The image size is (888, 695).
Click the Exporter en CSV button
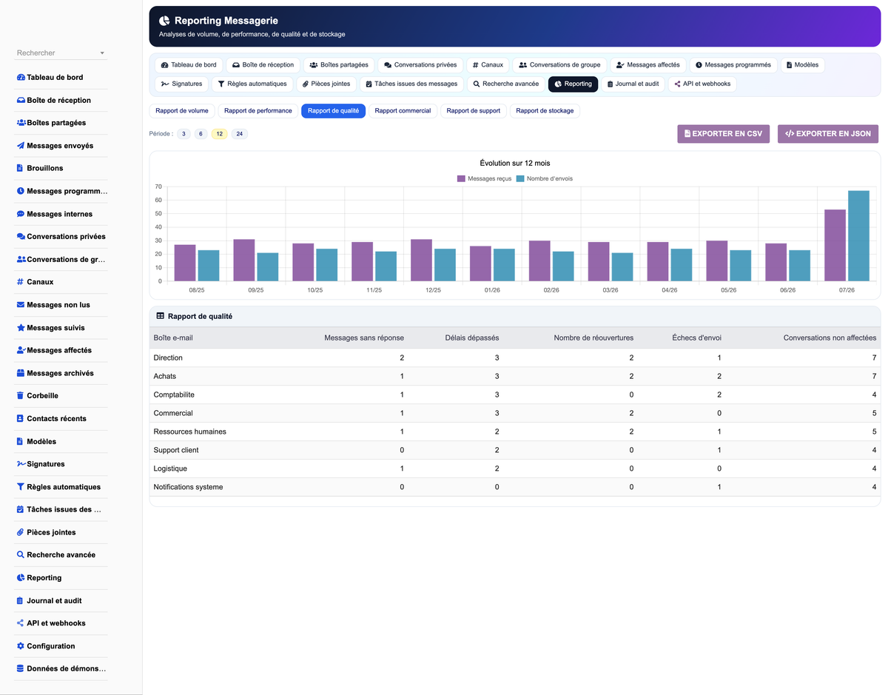[723, 134]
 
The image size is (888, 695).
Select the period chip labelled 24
[240, 134]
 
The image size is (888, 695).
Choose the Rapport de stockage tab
[545, 111]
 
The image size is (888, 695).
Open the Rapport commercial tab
[403, 111]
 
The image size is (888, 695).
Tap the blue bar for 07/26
[858, 236]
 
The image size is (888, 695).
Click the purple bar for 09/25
[244, 261]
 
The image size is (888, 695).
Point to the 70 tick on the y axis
[158, 187]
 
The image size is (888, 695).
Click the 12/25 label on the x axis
[433, 290]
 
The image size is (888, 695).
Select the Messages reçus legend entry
[484, 178]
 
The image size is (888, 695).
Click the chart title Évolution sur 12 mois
[514, 163]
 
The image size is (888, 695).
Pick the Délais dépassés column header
[471, 338]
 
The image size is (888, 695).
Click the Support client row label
[175, 450]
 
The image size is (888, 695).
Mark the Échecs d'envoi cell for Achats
[719, 376]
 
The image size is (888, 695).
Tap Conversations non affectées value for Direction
[874, 357]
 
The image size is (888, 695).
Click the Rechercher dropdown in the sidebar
[61, 53]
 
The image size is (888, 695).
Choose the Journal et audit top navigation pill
[633, 84]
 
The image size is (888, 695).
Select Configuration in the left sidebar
[46, 646]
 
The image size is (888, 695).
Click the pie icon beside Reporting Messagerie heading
[164, 21]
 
